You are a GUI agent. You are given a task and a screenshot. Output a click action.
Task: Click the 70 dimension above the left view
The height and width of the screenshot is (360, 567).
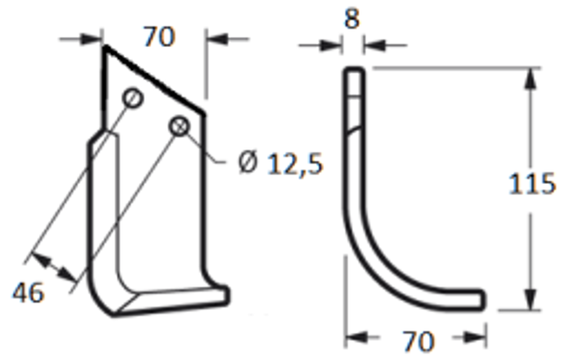160,37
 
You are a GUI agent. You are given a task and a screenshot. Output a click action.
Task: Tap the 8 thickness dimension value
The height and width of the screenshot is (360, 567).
352,19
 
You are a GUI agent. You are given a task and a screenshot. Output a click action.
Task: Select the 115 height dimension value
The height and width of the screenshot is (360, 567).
531,184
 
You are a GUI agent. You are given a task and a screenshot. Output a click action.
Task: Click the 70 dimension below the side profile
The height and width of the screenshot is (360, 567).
419,341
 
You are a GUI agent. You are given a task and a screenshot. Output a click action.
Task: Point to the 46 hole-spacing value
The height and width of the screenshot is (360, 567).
28,292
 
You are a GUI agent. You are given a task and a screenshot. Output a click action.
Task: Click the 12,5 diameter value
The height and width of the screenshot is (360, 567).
294,164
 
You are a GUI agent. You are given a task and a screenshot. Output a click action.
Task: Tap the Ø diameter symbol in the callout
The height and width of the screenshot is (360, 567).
247,162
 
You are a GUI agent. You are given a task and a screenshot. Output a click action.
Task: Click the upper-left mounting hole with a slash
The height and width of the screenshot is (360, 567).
132,98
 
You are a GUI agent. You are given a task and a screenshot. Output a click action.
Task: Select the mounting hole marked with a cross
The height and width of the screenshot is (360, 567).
179,127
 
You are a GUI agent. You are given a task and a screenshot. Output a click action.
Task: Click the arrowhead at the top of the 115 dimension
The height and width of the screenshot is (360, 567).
530,78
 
